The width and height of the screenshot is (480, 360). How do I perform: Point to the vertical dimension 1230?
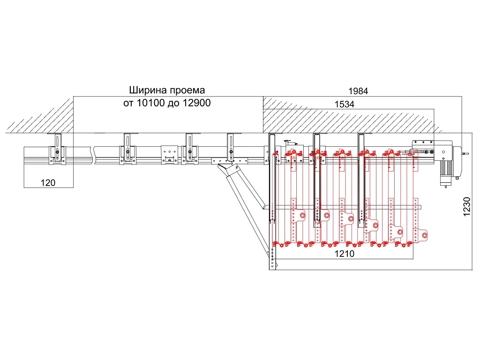tap(466, 207)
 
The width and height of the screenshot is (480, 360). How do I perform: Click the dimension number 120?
tap(48, 183)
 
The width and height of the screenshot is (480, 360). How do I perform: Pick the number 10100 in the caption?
tap(150, 103)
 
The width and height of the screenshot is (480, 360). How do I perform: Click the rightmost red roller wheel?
tap(423, 235)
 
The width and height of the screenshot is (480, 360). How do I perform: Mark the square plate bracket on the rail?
tap(169, 154)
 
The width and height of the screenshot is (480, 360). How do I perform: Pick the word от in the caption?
tap(128, 103)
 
